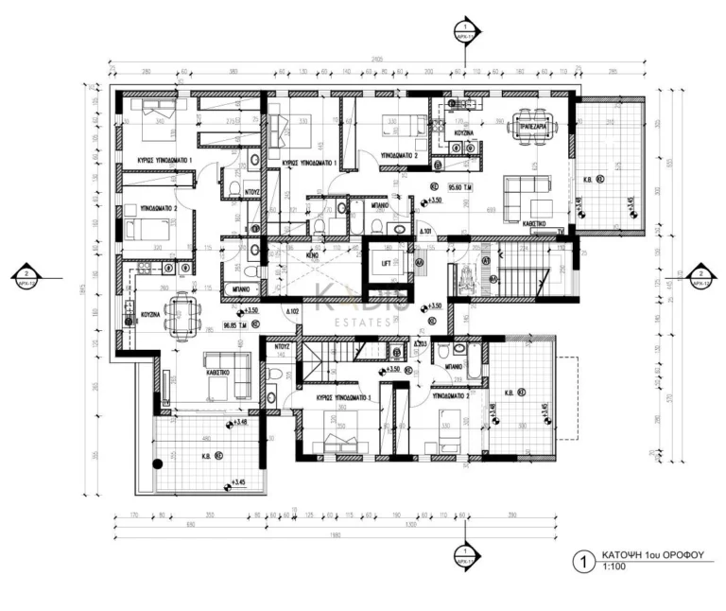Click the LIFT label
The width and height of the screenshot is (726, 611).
click(386, 265)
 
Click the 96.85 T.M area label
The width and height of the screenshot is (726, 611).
click(235, 323)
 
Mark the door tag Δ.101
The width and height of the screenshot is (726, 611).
click(425, 230)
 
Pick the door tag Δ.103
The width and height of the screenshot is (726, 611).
click(418, 342)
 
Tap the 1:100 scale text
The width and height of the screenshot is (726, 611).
click(614, 568)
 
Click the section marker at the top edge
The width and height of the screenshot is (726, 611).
click(464, 26)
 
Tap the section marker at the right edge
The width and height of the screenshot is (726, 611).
click(700, 271)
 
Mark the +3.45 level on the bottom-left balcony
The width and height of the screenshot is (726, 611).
click(239, 482)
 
